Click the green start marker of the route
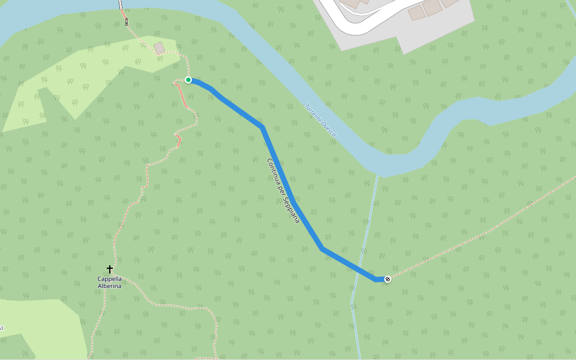coord(188,80)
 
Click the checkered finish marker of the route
coord(388,278)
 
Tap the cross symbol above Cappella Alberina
coord(110,269)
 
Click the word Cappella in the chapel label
coord(110,279)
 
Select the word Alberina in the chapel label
coord(110,286)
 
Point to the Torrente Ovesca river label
coord(320,121)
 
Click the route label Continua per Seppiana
coord(283,191)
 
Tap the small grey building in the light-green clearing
coord(159,47)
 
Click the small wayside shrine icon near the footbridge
coord(127,23)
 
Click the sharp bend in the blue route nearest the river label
coord(262,127)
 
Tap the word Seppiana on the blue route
coord(291,209)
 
